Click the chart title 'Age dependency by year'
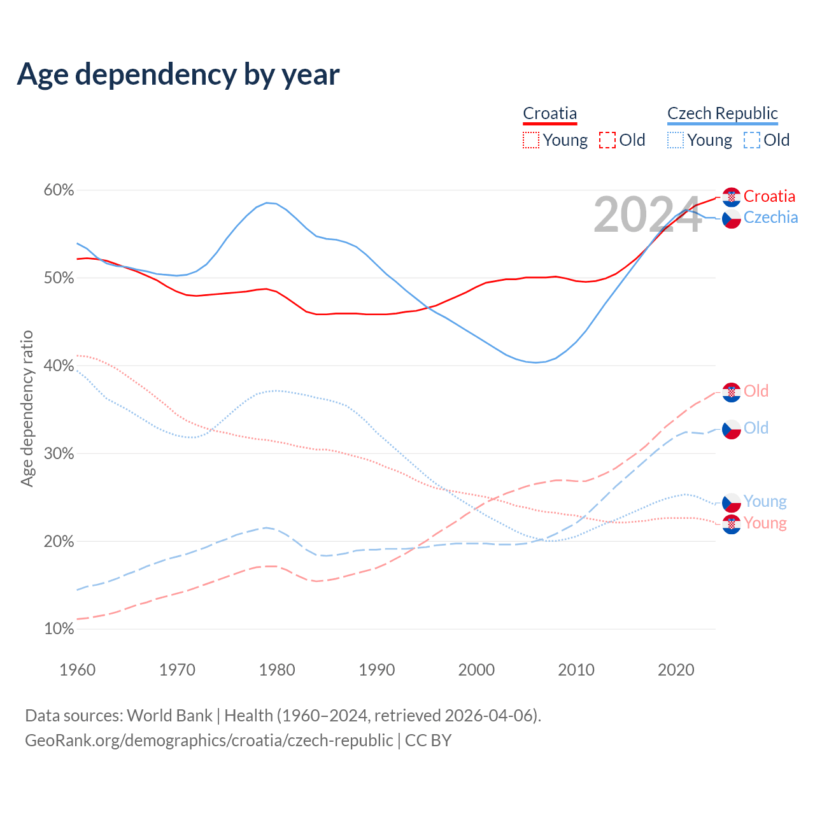(x=178, y=74)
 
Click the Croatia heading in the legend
(x=549, y=114)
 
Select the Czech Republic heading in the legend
(x=722, y=114)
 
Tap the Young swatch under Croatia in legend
(x=531, y=140)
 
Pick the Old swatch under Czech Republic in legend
(x=752, y=140)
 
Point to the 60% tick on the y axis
(x=59, y=190)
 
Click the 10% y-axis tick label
(x=59, y=629)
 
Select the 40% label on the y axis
(x=59, y=366)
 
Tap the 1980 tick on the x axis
(x=277, y=670)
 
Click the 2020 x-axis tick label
(x=676, y=670)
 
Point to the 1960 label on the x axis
(x=77, y=670)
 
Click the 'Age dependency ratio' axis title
(x=27, y=408)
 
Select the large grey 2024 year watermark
(x=647, y=215)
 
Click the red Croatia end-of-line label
(x=769, y=196)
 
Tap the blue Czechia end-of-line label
(x=770, y=218)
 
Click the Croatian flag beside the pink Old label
(x=732, y=392)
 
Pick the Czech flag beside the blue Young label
(x=732, y=502)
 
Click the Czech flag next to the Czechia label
(x=732, y=219)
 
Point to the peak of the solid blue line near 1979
(x=267, y=202)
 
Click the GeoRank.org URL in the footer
(x=209, y=741)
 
